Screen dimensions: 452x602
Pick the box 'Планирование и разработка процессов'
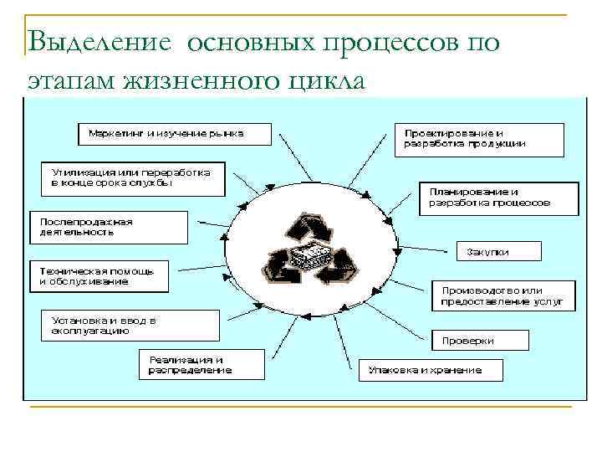497,197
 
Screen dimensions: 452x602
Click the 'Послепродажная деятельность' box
109,227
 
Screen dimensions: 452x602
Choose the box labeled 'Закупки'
498,251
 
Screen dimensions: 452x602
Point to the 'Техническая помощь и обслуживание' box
99,276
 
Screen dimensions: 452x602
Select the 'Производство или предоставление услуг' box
503,295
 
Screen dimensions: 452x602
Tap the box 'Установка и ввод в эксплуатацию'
130,325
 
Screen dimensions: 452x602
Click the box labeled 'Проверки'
480,340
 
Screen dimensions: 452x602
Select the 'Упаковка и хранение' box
431,369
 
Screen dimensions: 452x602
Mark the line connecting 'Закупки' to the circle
426,249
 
